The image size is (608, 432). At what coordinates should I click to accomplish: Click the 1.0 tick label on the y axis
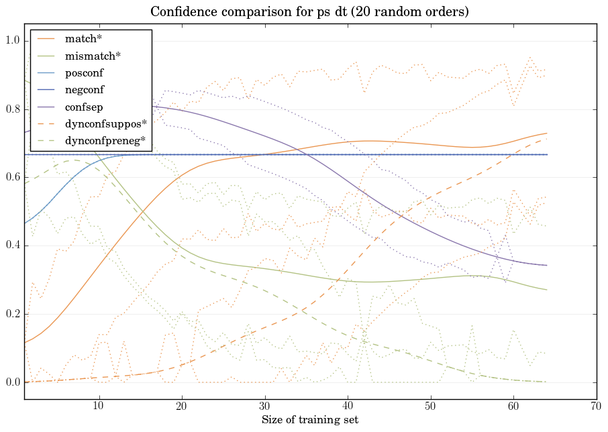pyautogui.click(x=12, y=42)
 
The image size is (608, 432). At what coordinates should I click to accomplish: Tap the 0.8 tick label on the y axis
pyautogui.click(x=12, y=110)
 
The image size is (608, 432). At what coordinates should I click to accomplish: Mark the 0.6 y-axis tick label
pyautogui.click(x=12, y=178)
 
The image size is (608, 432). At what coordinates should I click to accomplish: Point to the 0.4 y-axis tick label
pyautogui.click(x=12, y=246)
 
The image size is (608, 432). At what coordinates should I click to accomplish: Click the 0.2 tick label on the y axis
pyautogui.click(x=12, y=315)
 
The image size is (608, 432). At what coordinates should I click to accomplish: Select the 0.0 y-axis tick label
pyautogui.click(x=12, y=383)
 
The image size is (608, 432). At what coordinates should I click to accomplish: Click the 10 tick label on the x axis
pyautogui.click(x=99, y=407)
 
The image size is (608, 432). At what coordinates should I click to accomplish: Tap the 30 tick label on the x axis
pyautogui.click(x=264, y=407)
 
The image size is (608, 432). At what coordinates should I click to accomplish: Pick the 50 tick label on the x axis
pyautogui.click(x=430, y=407)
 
